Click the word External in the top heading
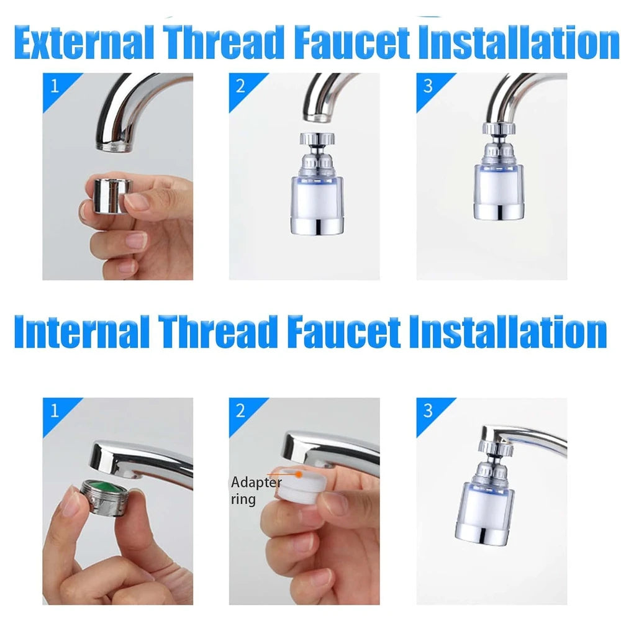pyautogui.click(x=84, y=42)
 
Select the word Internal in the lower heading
pyautogui.click(x=81, y=332)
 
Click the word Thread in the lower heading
pyautogui.click(x=217, y=332)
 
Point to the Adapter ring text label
pyautogui.click(x=256, y=491)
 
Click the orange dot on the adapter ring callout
pyautogui.click(x=299, y=474)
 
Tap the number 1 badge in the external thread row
pyautogui.click(x=55, y=86)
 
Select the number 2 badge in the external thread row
pyautogui.click(x=240, y=86)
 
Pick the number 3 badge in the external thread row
pyautogui.click(x=428, y=86)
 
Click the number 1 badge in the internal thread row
pyautogui.click(x=55, y=410)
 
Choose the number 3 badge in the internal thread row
pyautogui.click(x=428, y=410)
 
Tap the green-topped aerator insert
pyautogui.click(x=107, y=498)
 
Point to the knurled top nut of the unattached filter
pyautogui.click(x=317, y=138)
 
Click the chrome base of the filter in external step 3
pyautogui.click(x=499, y=211)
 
